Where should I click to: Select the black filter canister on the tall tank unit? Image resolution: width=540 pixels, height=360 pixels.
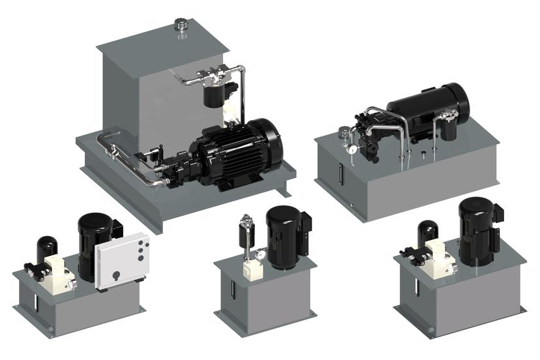tap(211, 97)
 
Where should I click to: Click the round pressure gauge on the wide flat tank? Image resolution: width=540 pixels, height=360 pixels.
tap(352, 147)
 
